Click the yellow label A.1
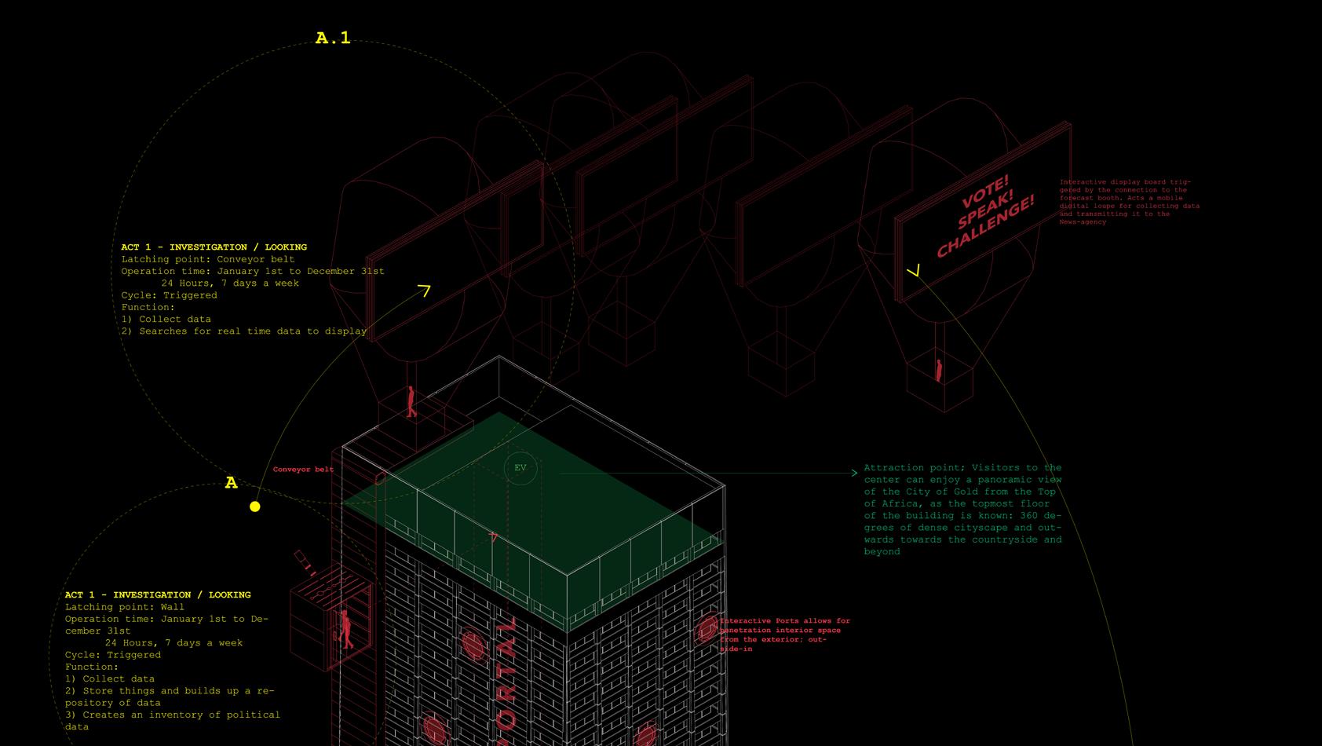click(333, 38)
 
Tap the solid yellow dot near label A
click(254, 506)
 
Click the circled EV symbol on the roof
click(520, 468)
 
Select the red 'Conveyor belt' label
click(303, 470)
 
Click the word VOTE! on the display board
click(984, 192)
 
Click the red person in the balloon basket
click(938, 370)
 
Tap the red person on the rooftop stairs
click(411, 401)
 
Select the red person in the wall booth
click(345, 629)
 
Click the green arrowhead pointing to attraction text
click(854, 473)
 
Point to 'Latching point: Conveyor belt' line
click(208, 259)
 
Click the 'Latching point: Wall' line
click(125, 607)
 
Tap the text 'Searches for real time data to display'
click(253, 331)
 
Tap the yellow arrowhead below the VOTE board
click(913, 271)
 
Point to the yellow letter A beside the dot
click(231, 483)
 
